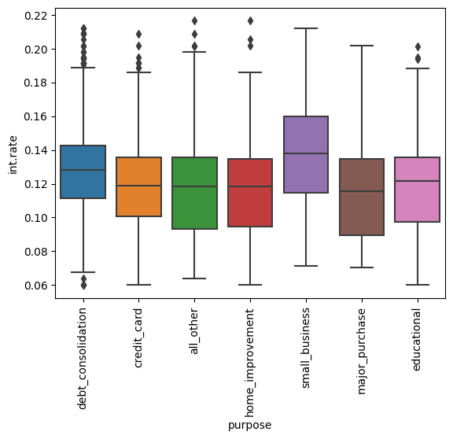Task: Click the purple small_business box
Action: coord(305,154)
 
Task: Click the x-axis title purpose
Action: coord(249,426)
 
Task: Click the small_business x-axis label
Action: coord(305,347)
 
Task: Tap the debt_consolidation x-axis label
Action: coord(83,359)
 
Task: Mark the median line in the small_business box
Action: coord(305,153)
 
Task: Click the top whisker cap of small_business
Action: coord(305,28)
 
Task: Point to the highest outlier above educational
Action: coord(418,46)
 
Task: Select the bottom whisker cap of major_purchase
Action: coord(361,267)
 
